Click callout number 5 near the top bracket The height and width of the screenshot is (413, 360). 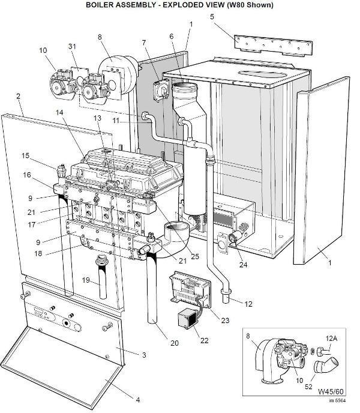(212, 17)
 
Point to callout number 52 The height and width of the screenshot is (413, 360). (308, 387)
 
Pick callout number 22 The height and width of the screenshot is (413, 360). (204, 341)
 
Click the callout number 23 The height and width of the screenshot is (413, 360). (225, 320)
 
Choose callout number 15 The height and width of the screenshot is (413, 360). (26, 156)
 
